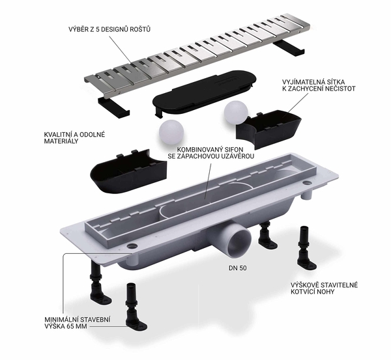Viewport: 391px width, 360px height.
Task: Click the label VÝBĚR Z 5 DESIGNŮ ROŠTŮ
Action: [x=109, y=29]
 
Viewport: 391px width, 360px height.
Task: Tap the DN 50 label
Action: [x=238, y=268]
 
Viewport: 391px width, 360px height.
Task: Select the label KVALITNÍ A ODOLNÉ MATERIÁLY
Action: [x=74, y=138]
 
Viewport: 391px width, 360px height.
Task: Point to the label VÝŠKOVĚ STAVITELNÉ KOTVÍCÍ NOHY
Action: [x=324, y=288]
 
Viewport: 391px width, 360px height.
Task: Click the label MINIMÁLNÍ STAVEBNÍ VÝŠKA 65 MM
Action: [x=78, y=323]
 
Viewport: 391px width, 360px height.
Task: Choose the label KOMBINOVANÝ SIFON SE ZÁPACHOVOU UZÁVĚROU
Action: [x=211, y=153]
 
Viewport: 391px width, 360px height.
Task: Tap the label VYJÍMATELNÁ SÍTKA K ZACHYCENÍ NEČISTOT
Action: [x=319, y=85]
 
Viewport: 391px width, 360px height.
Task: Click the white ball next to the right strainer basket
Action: [x=236, y=113]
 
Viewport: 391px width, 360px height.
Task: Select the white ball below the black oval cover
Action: [x=171, y=132]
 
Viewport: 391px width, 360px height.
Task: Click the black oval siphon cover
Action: [x=204, y=92]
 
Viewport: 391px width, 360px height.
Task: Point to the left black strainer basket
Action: [x=128, y=171]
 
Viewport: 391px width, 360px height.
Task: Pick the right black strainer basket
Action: [x=268, y=130]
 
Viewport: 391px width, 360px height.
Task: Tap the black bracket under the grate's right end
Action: [x=289, y=49]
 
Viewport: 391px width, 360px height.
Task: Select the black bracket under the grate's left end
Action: [x=113, y=107]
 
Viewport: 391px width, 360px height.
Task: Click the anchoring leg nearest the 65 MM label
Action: [x=135, y=307]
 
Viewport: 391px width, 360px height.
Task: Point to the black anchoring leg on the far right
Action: [x=307, y=249]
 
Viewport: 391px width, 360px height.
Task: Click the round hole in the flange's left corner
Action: [x=132, y=246]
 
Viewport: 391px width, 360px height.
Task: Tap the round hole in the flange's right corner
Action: [x=307, y=184]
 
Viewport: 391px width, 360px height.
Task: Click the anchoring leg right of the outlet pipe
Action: [x=267, y=235]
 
